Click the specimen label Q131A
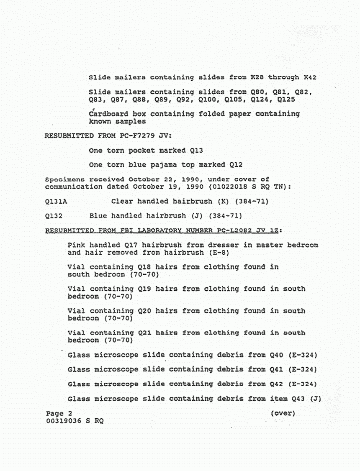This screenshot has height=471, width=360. (57, 202)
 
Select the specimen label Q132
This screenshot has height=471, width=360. (54, 216)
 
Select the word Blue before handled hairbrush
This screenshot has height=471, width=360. (98, 216)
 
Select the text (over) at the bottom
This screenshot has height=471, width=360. (283, 413)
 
